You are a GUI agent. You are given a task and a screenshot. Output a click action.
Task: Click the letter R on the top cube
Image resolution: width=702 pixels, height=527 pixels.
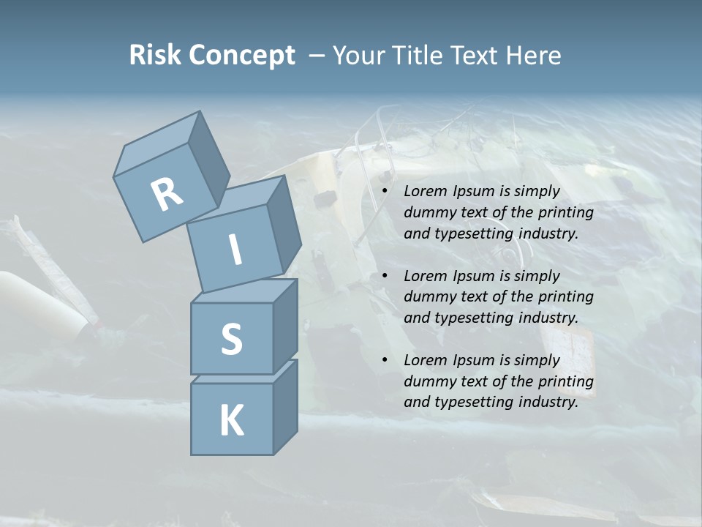click(167, 194)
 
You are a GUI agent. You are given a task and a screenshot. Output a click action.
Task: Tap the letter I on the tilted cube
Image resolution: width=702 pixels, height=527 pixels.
click(235, 250)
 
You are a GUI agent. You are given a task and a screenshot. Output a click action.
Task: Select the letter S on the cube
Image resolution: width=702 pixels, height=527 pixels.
click(231, 339)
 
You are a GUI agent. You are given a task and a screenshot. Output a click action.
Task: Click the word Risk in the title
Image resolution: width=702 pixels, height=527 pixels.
click(155, 56)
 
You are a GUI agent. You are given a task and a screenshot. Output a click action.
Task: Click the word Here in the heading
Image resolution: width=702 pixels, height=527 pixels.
click(533, 56)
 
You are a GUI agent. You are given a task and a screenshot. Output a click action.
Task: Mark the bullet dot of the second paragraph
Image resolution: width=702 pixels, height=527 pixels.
click(385, 276)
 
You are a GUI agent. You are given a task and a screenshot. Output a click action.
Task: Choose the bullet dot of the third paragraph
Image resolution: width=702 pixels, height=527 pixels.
click(385, 360)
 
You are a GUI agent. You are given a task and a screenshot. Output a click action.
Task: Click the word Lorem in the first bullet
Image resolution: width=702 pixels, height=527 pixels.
click(426, 191)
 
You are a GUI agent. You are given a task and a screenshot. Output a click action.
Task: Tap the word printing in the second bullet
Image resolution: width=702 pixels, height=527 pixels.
click(565, 297)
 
